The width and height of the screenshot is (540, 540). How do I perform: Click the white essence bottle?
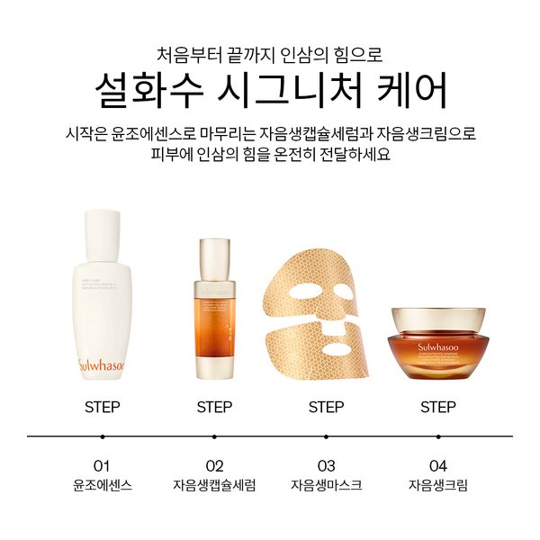(101, 297)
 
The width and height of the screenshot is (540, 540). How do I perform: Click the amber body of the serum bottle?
(214, 333)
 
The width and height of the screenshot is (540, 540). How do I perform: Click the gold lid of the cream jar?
(437, 318)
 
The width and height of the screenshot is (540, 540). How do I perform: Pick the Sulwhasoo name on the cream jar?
(437, 343)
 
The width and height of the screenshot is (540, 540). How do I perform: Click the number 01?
(102, 465)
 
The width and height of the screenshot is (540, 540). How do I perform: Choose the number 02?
(214, 465)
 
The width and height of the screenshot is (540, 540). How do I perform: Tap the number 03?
(326, 465)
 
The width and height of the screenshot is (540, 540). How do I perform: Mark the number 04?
(437, 465)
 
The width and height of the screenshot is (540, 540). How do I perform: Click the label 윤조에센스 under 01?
(102, 486)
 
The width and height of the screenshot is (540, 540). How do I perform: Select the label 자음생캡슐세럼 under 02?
(214, 486)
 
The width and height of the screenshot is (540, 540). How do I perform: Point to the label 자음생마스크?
(326, 486)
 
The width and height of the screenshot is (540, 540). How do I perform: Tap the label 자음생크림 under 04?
(437, 486)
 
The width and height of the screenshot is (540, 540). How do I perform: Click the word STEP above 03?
(326, 407)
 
